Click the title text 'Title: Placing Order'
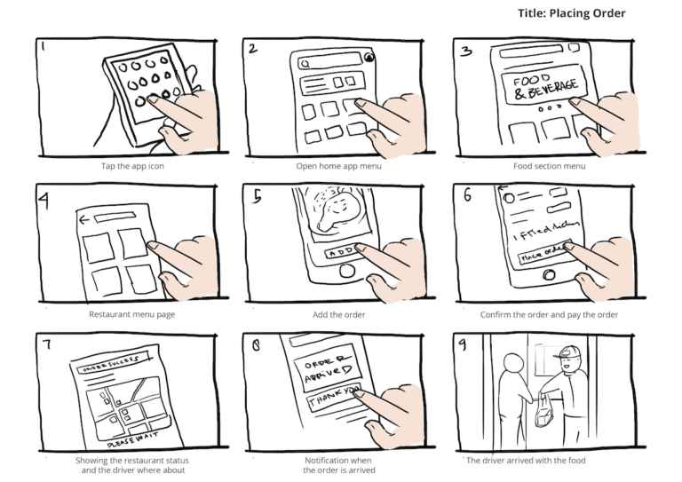pos(572,13)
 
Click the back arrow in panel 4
pos(85,218)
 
